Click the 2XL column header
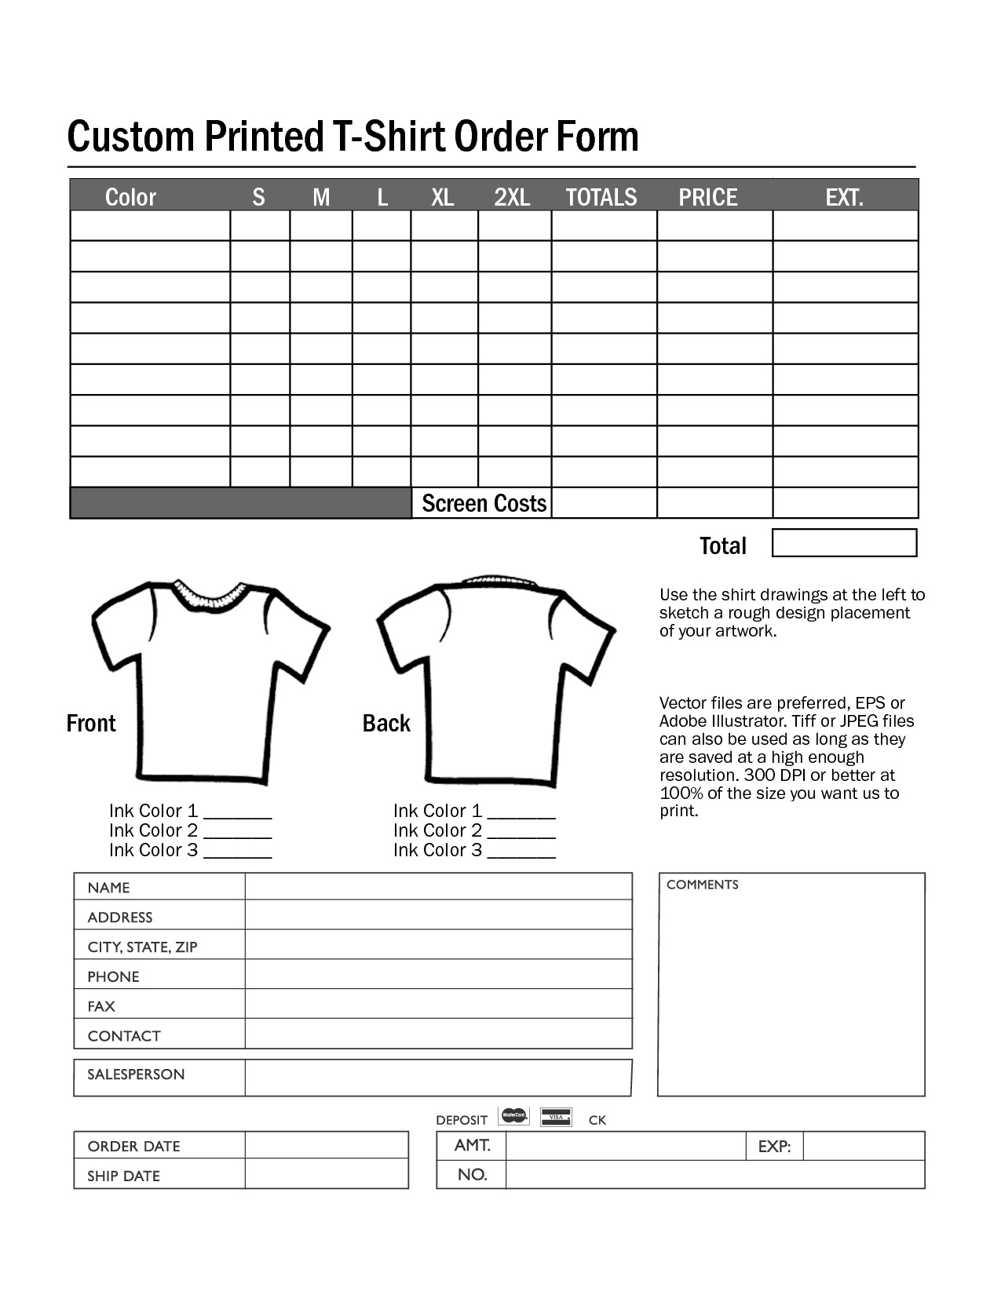click(x=512, y=197)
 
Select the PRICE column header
click(x=707, y=197)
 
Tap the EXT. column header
click(x=844, y=197)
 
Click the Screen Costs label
click(x=484, y=503)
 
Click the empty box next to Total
click(x=844, y=543)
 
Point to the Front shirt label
click(x=91, y=723)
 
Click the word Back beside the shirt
click(x=386, y=723)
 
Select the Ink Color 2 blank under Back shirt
click(x=521, y=832)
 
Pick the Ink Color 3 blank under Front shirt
click(x=237, y=852)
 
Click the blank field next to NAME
click(x=438, y=887)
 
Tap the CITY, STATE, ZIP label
click(x=142, y=947)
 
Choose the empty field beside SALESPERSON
click(x=438, y=1078)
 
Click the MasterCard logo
click(x=514, y=1115)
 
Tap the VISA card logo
click(x=557, y=1117)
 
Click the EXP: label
click(x=774, y=1147)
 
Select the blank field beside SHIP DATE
click(x=327, y=1175)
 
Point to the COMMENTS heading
click(x=702, y=885)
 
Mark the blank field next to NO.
click(x=714, y=1175)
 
